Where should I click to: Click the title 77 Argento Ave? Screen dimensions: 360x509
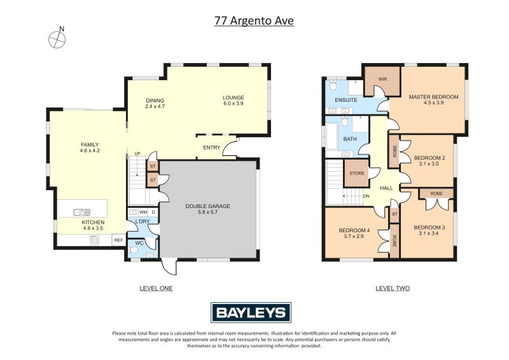(254, 20)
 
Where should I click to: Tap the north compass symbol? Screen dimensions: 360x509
(57, 38)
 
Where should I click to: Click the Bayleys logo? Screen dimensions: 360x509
(251, 312)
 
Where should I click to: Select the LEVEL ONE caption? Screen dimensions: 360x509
(156, 288)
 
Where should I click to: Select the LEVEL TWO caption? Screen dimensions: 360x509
(393, 288)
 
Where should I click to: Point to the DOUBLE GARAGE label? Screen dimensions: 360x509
(207, 206)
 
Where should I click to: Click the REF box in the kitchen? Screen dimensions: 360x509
(118, 240)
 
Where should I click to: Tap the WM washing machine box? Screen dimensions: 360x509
(143, 212)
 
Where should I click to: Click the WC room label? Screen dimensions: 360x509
(139, 243)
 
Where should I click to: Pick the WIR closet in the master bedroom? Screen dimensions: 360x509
(382, 80)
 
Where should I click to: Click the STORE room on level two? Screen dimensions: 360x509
(356, 173)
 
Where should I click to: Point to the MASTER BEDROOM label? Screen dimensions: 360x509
(433, 97)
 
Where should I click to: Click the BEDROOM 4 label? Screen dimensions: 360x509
(354, 230)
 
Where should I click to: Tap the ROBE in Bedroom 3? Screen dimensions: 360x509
(436, 193)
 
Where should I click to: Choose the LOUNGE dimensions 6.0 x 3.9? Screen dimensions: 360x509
(233, 103)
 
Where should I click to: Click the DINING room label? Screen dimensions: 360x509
(155, 100)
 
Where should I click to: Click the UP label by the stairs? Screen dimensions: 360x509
(137, 154)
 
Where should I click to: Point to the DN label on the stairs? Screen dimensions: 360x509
(366, 196)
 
